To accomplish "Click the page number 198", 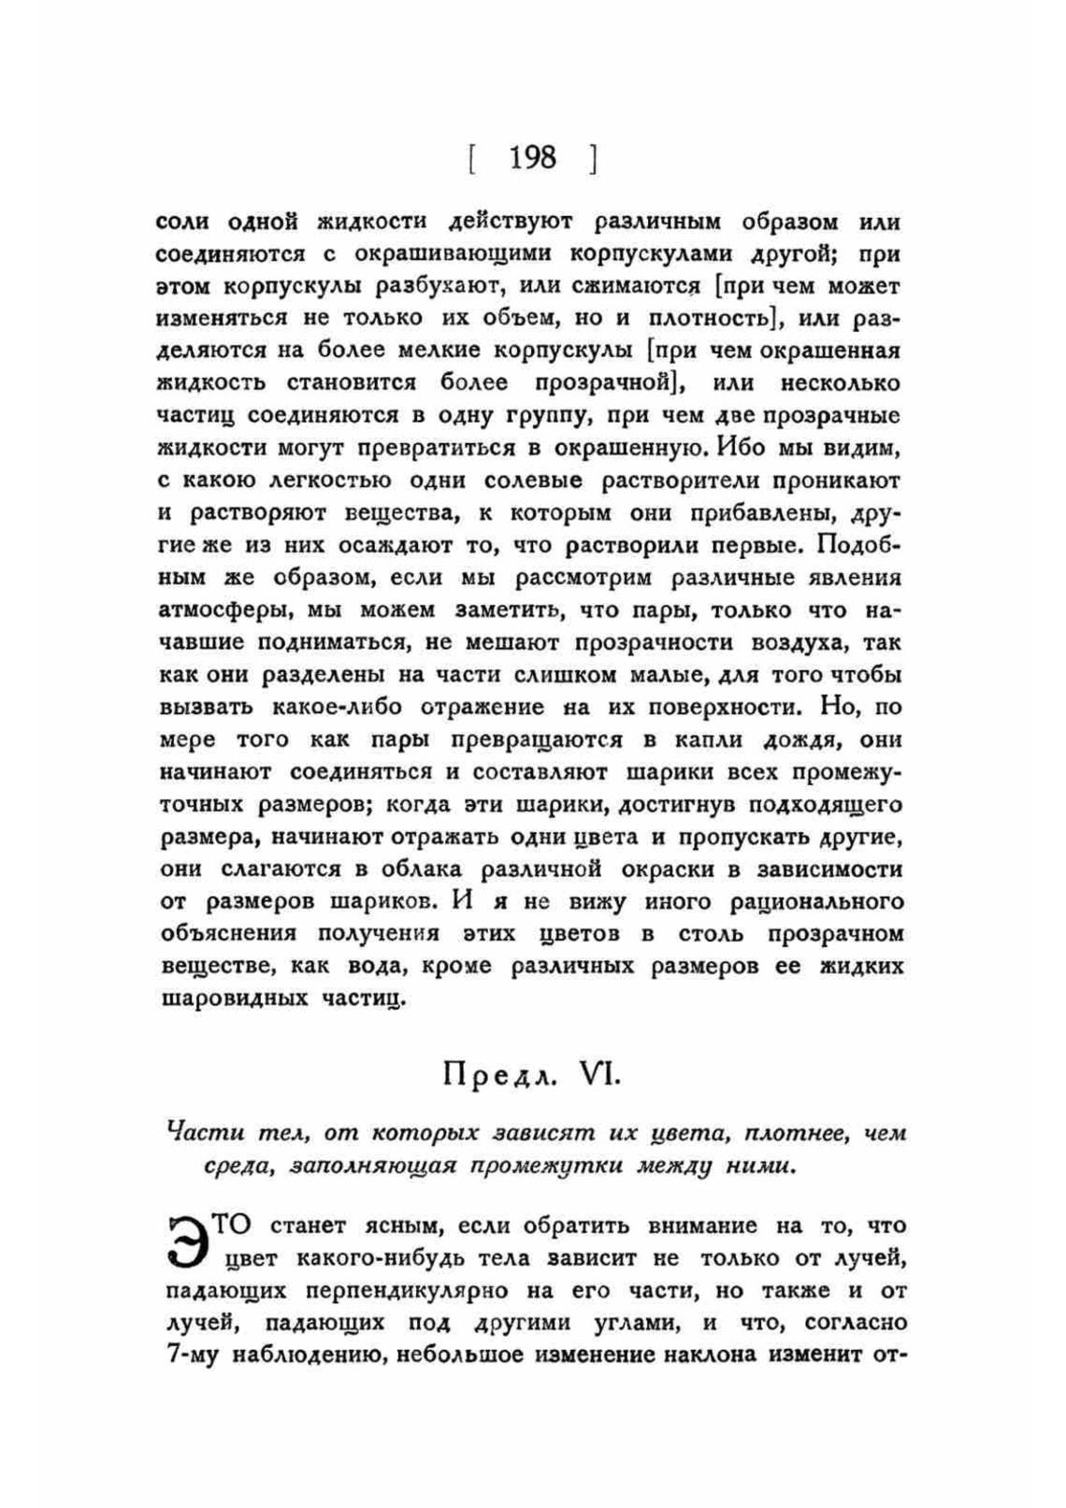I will coord(532,157).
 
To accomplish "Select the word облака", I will coord(421,869).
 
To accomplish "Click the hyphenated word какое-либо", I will coord(341,707).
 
